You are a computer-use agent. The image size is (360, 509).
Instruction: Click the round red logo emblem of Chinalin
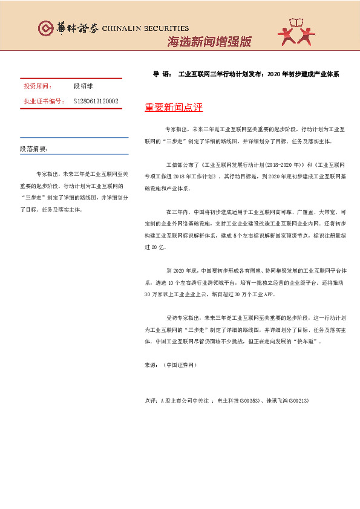(45, 28)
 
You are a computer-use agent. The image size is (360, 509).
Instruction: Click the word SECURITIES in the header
(163, 28)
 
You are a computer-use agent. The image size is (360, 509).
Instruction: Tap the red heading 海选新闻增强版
(208, 42)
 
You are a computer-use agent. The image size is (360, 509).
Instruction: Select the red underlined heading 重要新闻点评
(174, 108)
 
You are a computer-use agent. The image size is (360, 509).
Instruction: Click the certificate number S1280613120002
(96, 101)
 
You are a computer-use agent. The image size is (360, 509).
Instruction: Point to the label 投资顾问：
(38, 86)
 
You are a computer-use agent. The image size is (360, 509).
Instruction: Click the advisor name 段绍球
(83, 86)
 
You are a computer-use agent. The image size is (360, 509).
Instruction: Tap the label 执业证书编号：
(44, 101)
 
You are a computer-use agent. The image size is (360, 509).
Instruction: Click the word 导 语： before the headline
(163, 75)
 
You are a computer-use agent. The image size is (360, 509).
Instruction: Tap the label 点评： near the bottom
(152, 401)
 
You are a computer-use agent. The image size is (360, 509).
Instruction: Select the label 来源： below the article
(152, 366)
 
